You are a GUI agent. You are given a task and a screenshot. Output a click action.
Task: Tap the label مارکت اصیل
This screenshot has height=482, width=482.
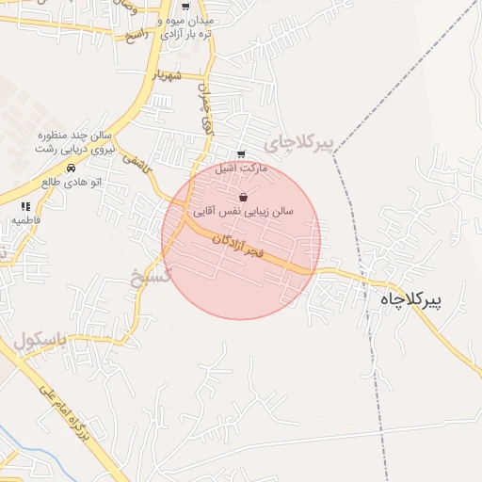(242, 169)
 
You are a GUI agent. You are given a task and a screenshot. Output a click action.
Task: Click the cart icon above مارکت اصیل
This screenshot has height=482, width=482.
(242, 154)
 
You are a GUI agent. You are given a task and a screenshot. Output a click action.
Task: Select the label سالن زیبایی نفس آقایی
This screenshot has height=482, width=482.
(244, 212)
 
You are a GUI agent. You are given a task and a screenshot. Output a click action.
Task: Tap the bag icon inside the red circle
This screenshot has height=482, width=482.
(245, 198)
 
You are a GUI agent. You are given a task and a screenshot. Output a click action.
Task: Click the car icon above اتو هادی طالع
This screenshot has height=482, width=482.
(71, 169)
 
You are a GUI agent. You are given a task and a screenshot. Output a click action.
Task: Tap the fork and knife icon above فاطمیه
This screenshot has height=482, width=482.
(25, 205)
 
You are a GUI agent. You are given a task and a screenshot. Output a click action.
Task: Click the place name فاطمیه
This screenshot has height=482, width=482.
(25, 219)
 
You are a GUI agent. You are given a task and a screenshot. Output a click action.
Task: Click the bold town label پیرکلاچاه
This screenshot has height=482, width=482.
(417, 298)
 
